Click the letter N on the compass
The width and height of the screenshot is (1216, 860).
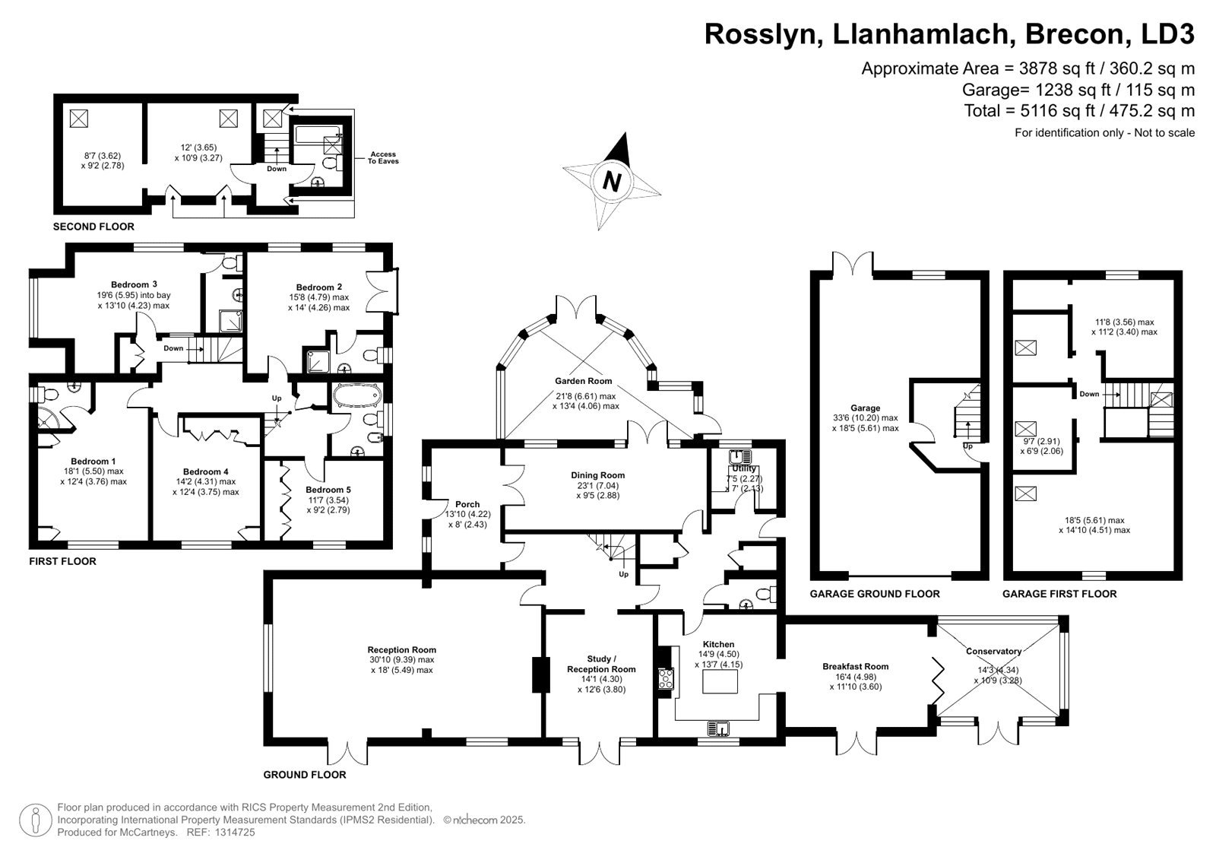click(612, 181)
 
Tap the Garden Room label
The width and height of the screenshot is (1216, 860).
click(583, 381)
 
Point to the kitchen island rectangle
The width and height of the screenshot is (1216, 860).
click(720, 681)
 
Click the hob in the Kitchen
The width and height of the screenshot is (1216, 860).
click(666, 678)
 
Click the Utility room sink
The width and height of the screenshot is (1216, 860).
click(741, 455)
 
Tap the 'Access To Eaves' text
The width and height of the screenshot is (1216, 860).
click(383, 157)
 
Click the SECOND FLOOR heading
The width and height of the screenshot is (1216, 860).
click(93, 227)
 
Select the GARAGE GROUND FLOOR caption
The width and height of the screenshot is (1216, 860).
click(875, 594)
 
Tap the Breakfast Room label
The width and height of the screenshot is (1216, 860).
click(856, 667)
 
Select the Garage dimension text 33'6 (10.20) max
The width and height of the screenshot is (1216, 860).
click(866, 417)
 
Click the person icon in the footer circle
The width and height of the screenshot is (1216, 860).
click(35, 820)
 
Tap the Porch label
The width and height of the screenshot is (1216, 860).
click(467, 504)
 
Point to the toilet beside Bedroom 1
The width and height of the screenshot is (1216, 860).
click(47, 393)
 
